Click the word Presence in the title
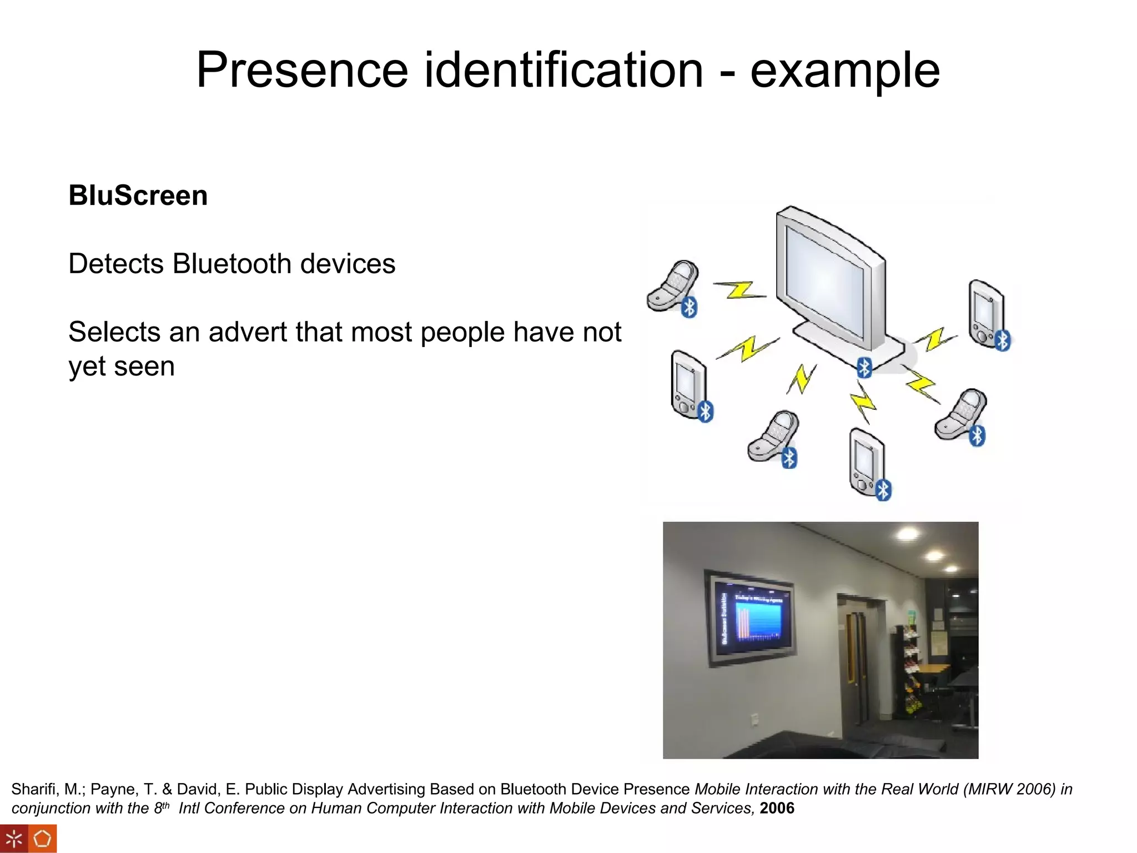302,70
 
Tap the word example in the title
844,70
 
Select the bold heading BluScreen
138,195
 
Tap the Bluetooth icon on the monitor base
864,367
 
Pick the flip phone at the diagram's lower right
961,414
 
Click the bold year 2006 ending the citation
777,808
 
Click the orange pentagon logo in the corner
43,839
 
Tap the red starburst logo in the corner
14,839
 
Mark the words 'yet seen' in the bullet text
122,367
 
